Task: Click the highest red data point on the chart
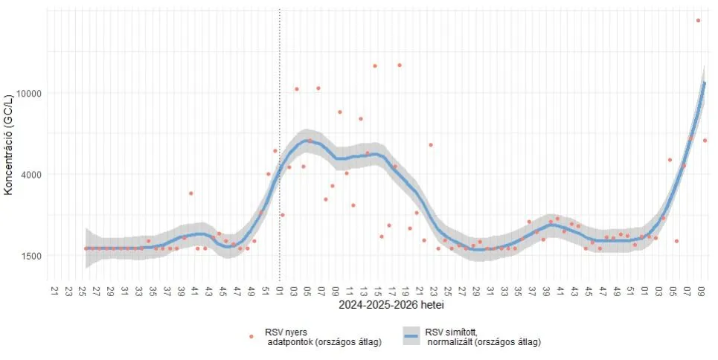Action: (x=698, y=21)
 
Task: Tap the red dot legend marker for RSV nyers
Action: (x=251, y=336)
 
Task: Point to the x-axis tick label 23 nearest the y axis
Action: (x=68, y=289)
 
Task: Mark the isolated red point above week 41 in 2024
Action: (x=191, y=193)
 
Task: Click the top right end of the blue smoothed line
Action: (x=705, y=83)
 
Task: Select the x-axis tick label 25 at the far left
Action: (x=83, y=289)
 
